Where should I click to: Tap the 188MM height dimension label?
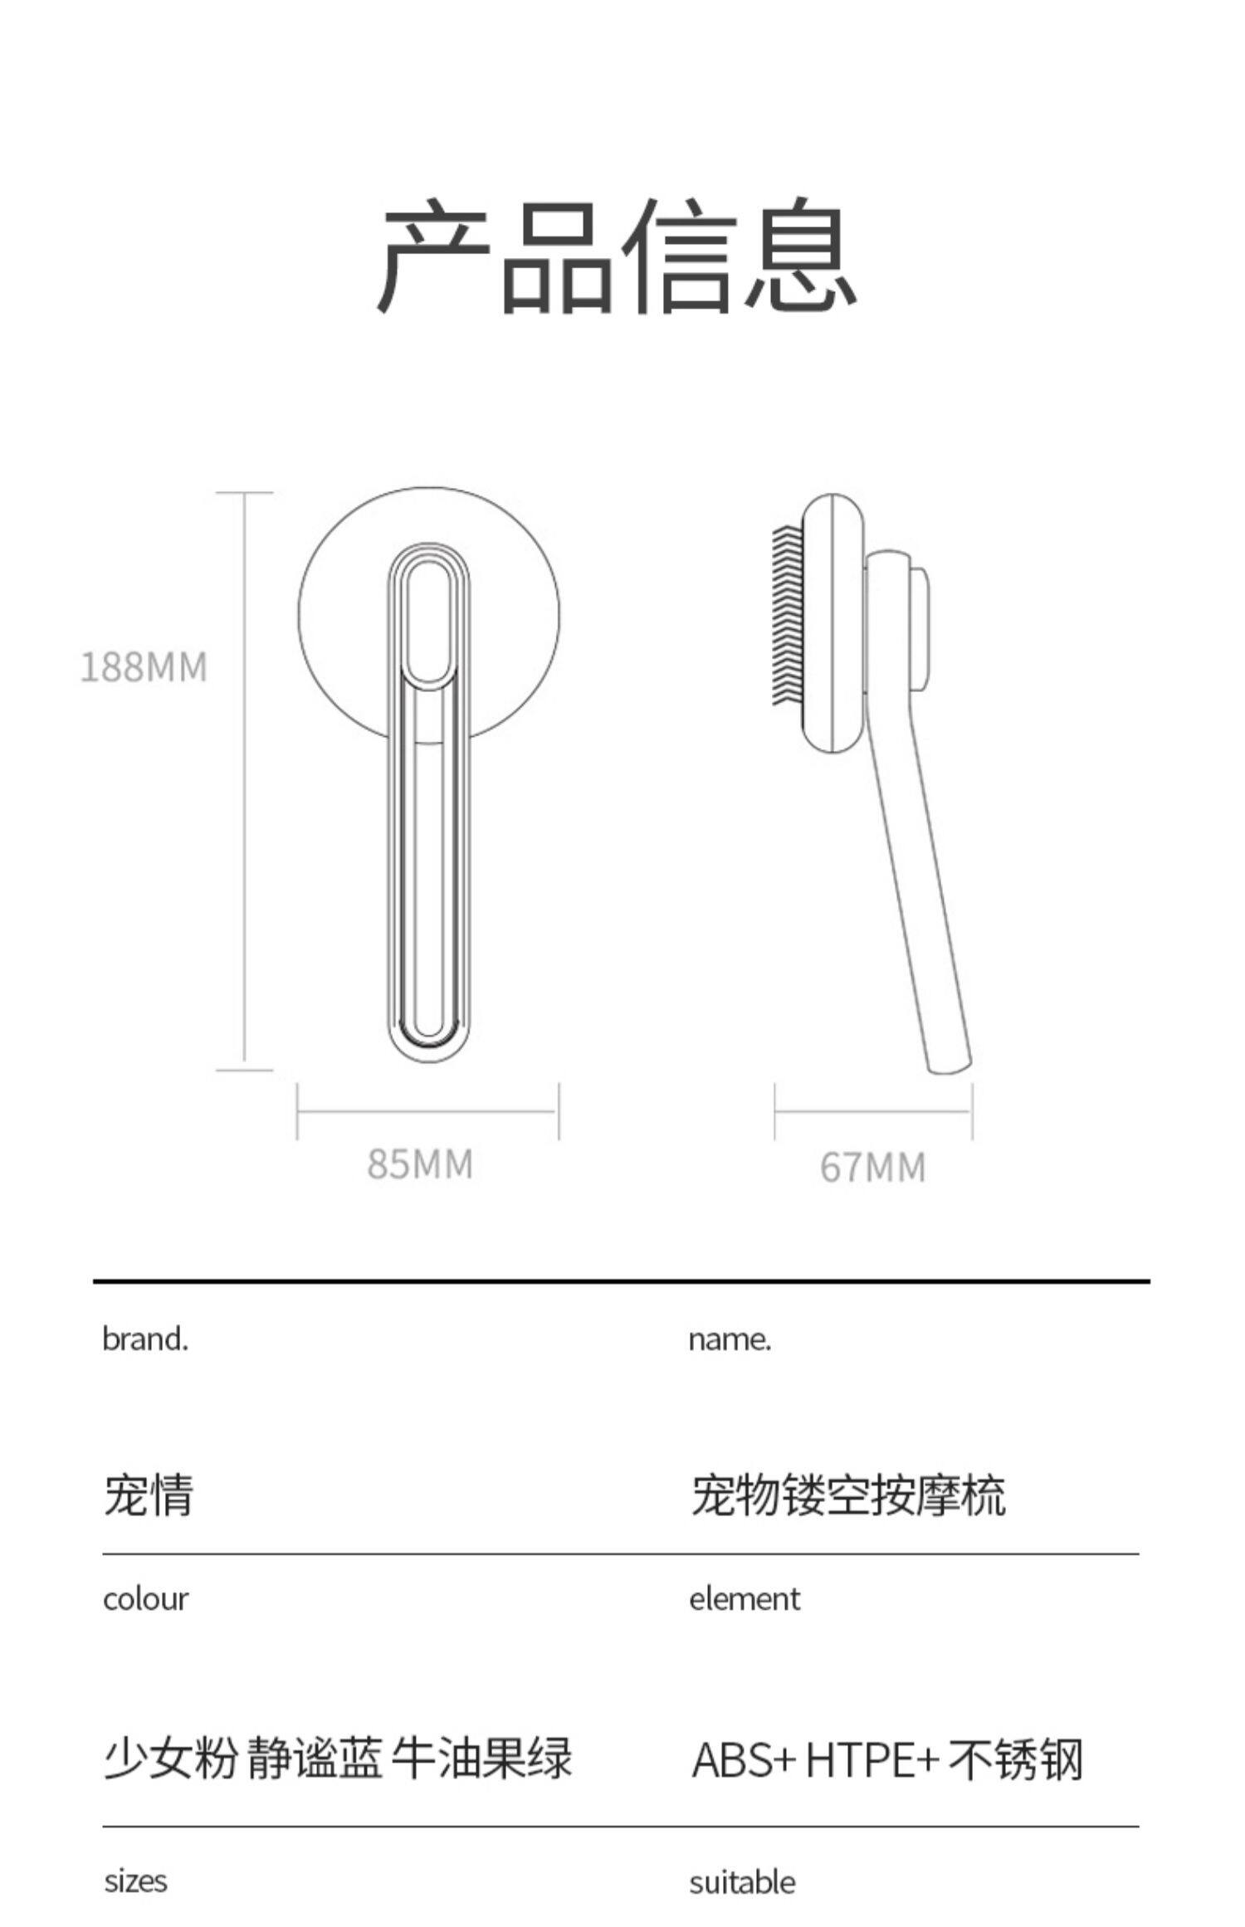[x=143, y=667]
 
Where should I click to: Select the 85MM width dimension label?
[x=420, y=1164]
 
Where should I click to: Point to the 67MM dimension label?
[x=872, y=1168]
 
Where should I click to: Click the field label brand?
[x=145, y=1339]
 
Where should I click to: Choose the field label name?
[x=730, y=1339]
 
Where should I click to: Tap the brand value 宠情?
[x=148, y=1495]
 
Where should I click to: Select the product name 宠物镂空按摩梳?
[x=847, y=1495]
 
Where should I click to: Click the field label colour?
[x=145, y=1599]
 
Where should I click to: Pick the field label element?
[x=745, y=1599]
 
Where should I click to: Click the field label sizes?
[x=135, y=1881]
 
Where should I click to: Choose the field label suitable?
[x=742, y=1881]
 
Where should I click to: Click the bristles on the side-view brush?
[x=787, y=615]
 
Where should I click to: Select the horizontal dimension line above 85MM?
[x=427, y=1110]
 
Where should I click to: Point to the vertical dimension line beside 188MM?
[x=244, y=780]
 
